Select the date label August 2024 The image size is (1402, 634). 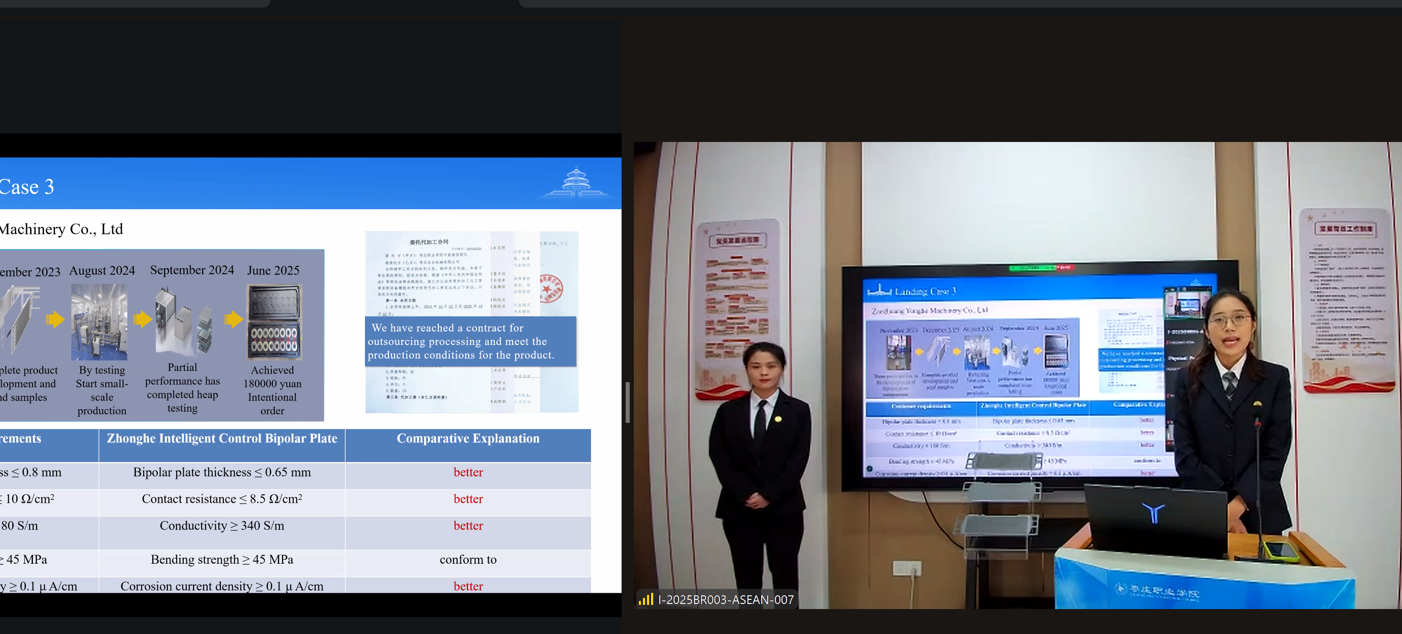pyautogui.click(x=102, y=271)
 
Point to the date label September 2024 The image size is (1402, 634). pyautogui.click(x=191, y=270)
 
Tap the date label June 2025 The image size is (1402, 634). pyautogui.click(x=273, y=271)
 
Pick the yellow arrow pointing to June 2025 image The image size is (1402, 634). pyautogui.click(x=234, y=319)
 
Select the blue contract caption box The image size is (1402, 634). pyautogui.click(x=470, y=341)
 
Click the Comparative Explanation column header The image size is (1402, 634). pyautogui.click(x=467, y=439)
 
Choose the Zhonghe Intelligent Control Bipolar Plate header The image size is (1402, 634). pyautogui.click(x=221, y=439)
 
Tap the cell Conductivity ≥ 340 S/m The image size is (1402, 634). pyautogui.click(x=221, y=526)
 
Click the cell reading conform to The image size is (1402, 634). pyautogui.click(x=467, y=559)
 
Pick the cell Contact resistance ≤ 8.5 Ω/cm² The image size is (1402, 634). pyautogui.click(x=221, y=499)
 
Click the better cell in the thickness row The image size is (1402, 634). pyautogui.click(x=467, y=472)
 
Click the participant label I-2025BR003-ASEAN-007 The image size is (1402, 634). pyautogui.click(x=725, y=600)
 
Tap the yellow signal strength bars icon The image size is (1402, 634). pyautogui.click(x=646, y=599)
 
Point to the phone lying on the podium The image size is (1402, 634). pyautogui.click(x=1280, y=550)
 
